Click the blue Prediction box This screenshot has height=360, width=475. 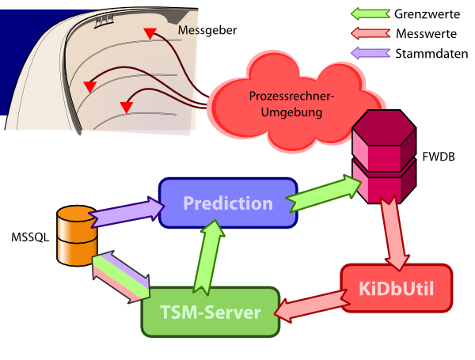[x=228, y=203]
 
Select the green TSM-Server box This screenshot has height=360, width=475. [x=211, y=312]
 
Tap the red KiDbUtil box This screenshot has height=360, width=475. [x=397, y=286]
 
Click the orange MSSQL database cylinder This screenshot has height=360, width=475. [x=77, y=235]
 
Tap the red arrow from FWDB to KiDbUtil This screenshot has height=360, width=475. [x=393, y=232]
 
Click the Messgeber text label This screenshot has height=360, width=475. [x=207, y=31]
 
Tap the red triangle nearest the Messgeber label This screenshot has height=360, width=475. [x=149, y=32]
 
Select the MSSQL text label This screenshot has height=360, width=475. [x=28, y=237]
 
